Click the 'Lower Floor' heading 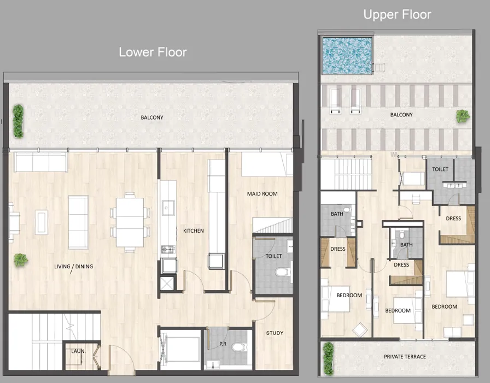tap(153, 52)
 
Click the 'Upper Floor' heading tap(397, 14)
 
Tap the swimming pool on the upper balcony tap(347, 55)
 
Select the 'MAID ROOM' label tap(262, 193)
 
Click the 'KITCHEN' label tap(193, 231)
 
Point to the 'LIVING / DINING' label tap(73, 267)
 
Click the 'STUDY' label tap(275, 333)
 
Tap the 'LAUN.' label tap(78, 351)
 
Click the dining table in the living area tap(130, 222)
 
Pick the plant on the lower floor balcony tap(19, 121)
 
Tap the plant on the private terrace tap(328, 358)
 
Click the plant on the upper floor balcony tap(463, 116)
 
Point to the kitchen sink tap(168, 208)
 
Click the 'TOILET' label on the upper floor tap(440, 169)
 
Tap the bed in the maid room tap(262, 164)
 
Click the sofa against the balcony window tap(40, 162)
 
